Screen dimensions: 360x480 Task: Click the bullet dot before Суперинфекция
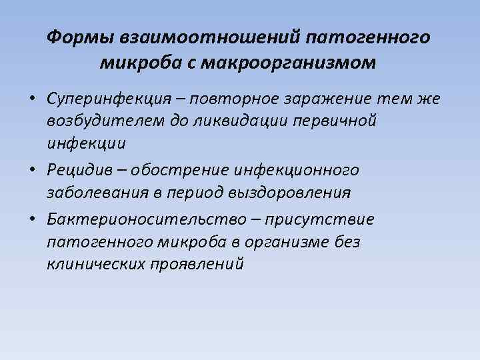pos(31,100)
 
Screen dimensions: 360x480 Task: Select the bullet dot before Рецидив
pos(31,171)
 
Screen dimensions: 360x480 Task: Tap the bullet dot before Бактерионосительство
pos(31,220)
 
